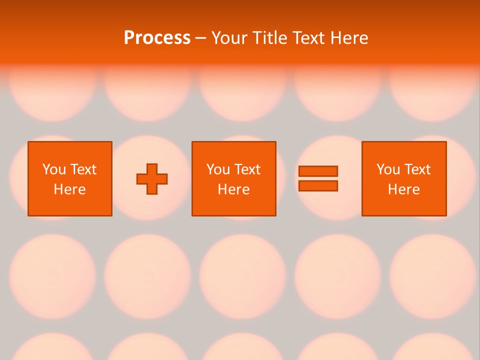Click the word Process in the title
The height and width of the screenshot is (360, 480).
point(157,38)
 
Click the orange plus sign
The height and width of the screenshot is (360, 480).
point(152,179)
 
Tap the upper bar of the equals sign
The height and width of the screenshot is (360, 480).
point(318,171)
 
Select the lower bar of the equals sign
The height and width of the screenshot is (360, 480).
point(318,185)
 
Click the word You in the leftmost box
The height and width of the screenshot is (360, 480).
point(53,169)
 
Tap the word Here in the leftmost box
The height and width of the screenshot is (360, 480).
point(69,189)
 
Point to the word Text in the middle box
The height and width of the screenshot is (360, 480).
point(247,169)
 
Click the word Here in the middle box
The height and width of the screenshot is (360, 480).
point(233,189)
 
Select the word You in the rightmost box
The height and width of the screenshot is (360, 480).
point(387,169)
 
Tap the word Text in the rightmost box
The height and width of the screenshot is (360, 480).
point(417,169)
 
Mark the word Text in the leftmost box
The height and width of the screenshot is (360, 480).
point(83,169)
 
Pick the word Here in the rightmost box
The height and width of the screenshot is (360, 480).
point(403,189)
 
